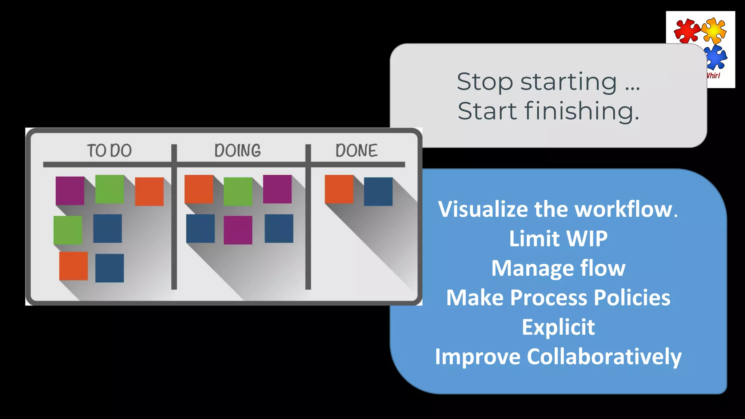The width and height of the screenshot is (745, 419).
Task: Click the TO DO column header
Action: point(109,151)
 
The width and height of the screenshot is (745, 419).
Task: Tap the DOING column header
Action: point(238,151)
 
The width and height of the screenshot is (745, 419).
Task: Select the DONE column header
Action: point(356,151)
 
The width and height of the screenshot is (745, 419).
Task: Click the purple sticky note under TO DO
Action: point(70,191)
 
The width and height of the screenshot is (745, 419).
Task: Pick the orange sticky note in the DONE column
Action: point(339,189)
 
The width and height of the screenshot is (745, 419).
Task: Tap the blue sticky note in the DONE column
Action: point(378,192)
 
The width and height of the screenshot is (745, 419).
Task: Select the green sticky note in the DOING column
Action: point(238,191)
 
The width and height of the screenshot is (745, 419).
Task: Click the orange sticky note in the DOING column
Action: point(199,189)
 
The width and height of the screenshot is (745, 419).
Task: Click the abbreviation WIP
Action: point(587,239)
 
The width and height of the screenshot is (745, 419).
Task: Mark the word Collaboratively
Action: point(604,357)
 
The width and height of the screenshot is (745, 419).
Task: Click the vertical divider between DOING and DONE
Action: point(308,218)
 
